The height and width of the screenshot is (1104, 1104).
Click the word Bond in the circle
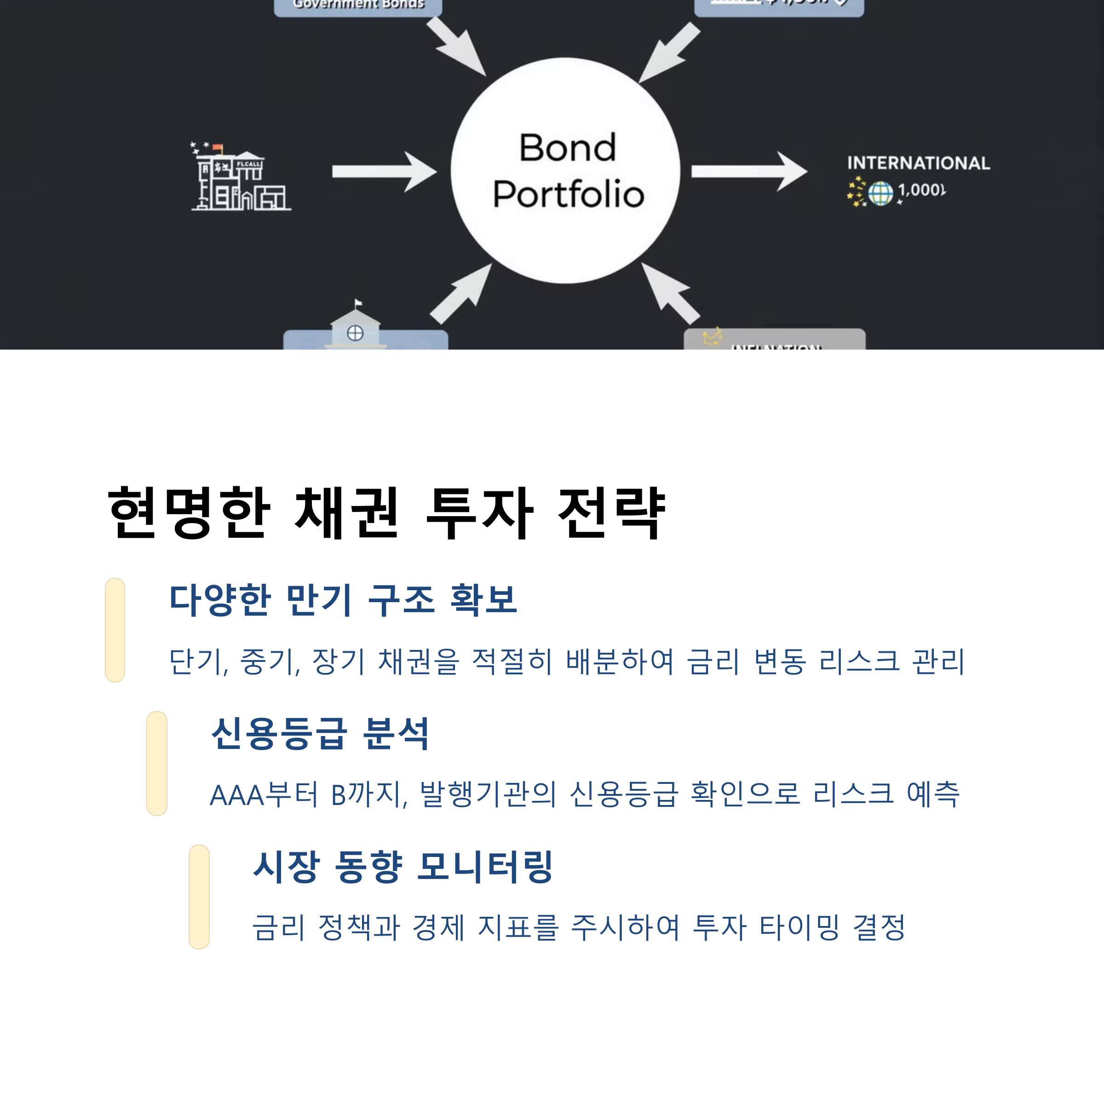pos(568,148)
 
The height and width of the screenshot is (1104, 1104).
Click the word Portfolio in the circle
pos(569,194)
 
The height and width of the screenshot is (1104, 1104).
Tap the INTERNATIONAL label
pos(918,163)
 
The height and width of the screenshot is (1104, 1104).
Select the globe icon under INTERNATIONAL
pos(880,193)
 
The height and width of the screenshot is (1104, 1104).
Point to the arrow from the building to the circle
pos(384,172)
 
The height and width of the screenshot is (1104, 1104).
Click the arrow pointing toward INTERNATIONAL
pos(748,172)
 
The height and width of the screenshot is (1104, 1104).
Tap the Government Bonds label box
pos(358,6)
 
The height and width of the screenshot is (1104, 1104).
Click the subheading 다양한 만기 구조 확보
pos(344,600)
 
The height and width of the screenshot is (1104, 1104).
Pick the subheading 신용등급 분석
pos(320,733)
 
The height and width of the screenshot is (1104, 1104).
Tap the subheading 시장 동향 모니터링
pos(403,866)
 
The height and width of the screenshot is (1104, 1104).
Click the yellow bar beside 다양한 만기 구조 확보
pos(115,630)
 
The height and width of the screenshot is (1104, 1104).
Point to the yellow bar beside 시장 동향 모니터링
pos(199,897)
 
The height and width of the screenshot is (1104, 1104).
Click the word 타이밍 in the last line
pos(799,927)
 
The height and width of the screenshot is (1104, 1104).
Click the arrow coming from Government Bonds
pos(456,46)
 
